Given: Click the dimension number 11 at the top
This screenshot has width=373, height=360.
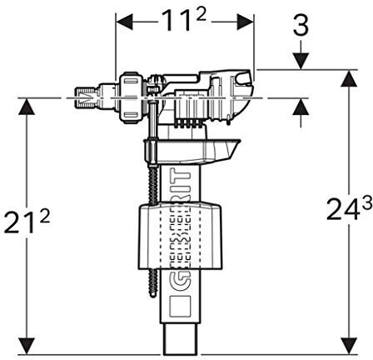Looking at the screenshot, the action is pyautogui.click(x=177, y=21).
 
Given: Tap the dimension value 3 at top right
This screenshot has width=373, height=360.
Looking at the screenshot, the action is pyautogui.click(x=301, y=26).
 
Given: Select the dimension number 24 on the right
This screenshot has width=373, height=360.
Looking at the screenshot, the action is pyautogui.click(x=344, y=210).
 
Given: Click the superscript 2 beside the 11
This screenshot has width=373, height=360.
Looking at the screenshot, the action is pyautogui.click(x=201, y=15).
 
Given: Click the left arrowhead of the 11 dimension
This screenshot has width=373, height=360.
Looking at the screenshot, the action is pyautogui.click(x=124, y=22).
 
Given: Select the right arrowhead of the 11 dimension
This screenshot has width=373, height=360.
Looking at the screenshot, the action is pyautogui.click(x=245, y=22).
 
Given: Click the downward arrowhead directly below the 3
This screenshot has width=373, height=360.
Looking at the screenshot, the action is pyautogui.click(x=301, y=61).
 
